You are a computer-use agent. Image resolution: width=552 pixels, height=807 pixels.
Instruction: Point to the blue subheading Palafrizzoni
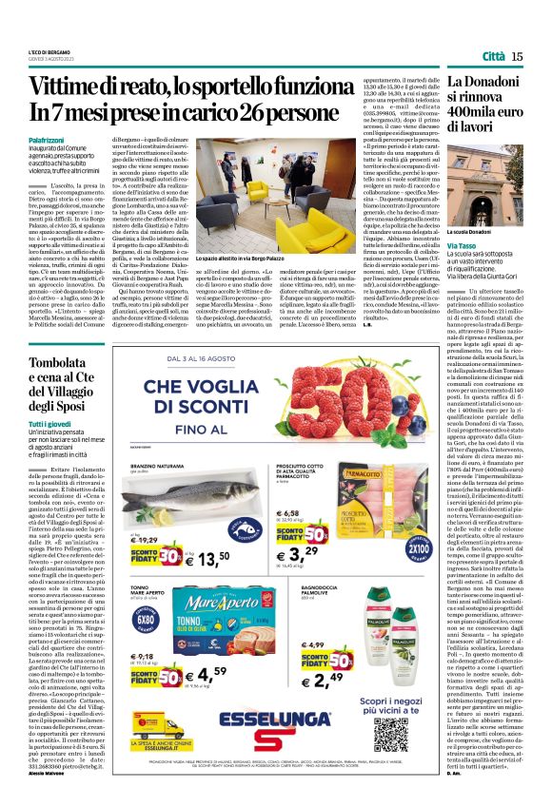[x=48, y=140]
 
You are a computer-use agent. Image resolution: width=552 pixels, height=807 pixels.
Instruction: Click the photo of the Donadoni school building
[x=486, y=185]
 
